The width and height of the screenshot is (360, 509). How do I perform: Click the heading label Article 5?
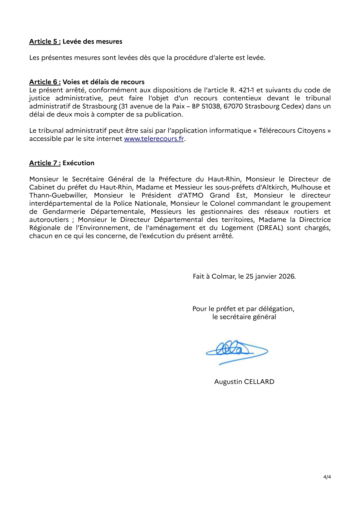tap(45, 41)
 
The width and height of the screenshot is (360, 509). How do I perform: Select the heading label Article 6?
tap(45, 82)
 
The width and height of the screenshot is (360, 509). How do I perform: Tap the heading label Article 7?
tap(45, 163)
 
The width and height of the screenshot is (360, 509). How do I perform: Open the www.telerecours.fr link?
tap(154, 139)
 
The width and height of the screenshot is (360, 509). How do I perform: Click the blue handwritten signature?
tap(236, 352)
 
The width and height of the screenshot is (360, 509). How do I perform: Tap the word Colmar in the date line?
tap(222, 276)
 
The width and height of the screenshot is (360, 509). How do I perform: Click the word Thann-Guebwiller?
tap(58, 195)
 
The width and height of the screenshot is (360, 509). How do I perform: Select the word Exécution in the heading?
tap(78, 163)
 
